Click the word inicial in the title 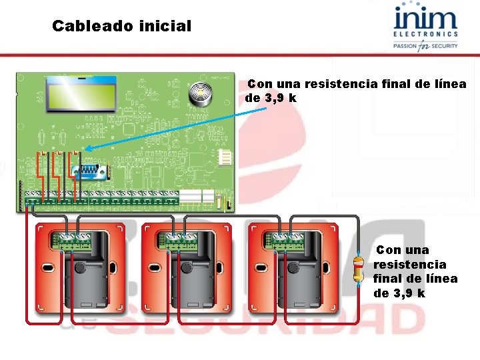[x=165, y=27]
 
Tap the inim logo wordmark [x=425, y=18]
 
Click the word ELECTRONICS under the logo [x=425, y=34]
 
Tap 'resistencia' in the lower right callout [x=409, y=265]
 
